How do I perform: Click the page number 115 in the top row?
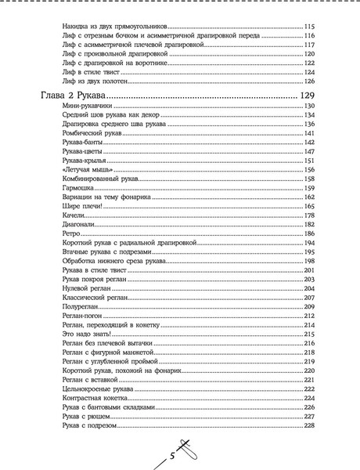[x=309, y=27]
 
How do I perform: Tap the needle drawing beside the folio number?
[x=187, y=449]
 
